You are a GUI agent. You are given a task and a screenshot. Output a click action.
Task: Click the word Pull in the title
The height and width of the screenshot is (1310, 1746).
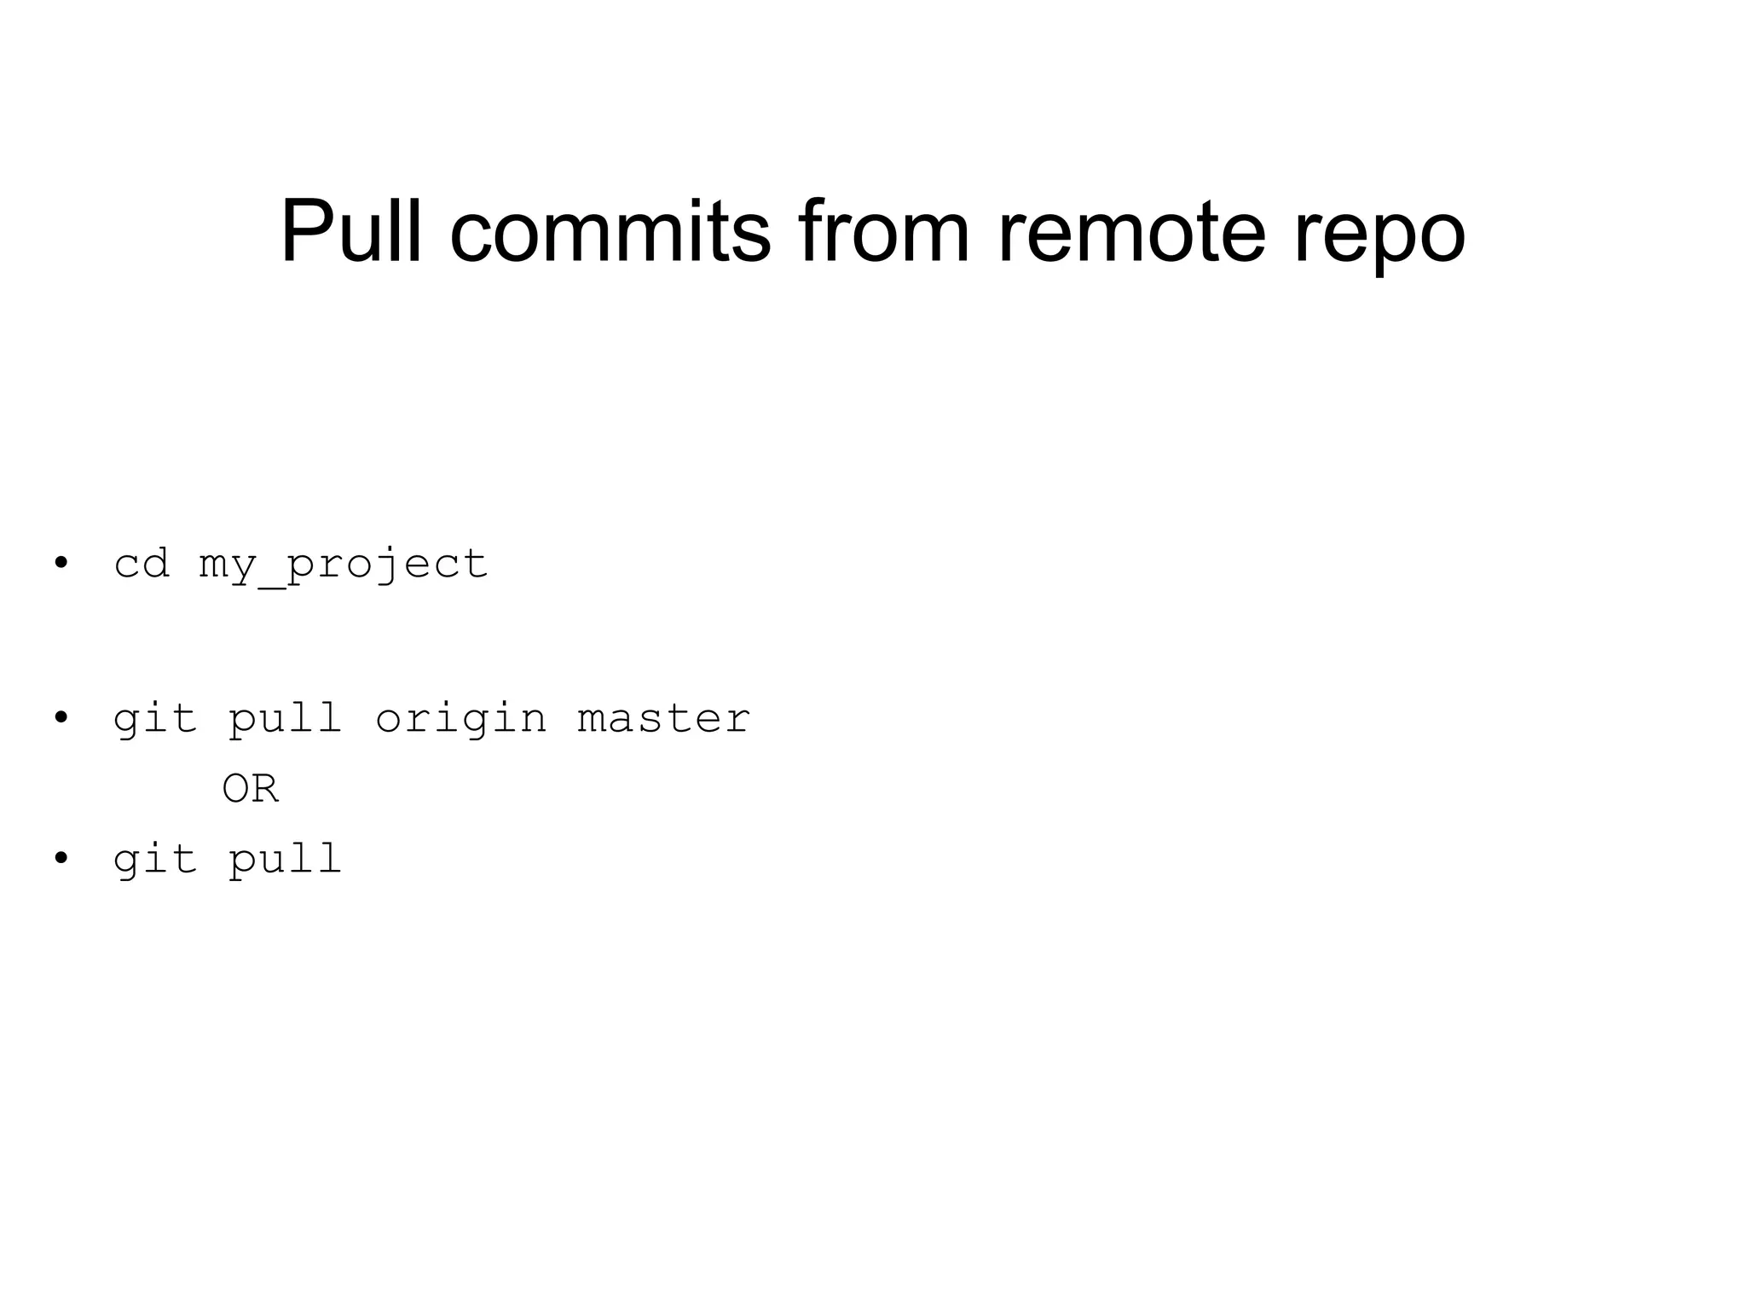(350, 231)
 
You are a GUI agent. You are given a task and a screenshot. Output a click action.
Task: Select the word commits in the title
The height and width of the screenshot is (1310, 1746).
(610, 231)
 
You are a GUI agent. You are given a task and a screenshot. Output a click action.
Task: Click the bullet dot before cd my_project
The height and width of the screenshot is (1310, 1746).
(61, 563)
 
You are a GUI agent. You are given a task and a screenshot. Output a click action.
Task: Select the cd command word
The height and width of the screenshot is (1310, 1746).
(142, 564)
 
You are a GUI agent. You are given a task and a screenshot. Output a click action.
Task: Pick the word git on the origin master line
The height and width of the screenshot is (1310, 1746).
(155, 720)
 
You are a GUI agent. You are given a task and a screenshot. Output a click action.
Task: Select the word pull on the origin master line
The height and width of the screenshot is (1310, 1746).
(286, 720)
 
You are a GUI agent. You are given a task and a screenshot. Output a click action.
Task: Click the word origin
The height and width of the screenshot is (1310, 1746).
(460, 720)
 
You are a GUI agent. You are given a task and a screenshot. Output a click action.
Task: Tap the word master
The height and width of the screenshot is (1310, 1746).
(663, 718)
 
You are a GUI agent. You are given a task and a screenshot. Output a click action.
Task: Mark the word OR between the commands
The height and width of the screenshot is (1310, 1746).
(250, 789)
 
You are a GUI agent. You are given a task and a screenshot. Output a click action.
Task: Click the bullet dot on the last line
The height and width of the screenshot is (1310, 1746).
(61, 858)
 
